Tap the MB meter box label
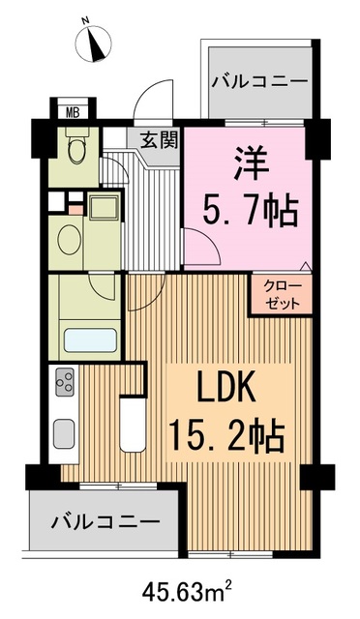[x=73, y=110]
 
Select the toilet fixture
[x=76, y=150]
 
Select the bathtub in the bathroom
[x=89, y=341]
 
